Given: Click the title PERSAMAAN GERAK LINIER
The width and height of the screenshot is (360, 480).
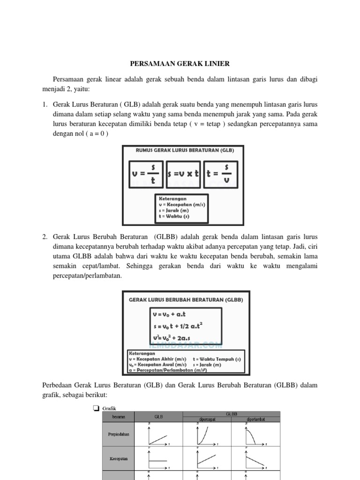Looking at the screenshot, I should [x=180, y=63].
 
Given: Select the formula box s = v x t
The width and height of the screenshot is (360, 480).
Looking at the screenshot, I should [x=183, y=173].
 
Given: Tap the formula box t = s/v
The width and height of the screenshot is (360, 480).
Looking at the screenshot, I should [x=221, y=173].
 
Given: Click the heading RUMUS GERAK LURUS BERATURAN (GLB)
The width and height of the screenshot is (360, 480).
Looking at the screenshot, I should [x=184, y=150].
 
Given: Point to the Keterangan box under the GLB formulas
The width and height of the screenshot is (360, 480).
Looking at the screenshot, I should [x=182, y=208].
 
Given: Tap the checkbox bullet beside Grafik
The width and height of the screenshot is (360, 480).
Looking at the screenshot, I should [x=96, y=409].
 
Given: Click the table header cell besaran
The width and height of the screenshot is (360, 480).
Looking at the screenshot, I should [x=118, y=416].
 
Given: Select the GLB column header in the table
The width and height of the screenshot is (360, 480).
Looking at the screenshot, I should [x=158, y=416].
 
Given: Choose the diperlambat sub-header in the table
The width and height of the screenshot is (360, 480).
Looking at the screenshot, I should [x=255, y=419].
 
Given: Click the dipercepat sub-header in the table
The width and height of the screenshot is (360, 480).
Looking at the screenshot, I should [x=207, y=419].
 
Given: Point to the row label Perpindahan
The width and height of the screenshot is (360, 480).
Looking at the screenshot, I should [x=118, y=434].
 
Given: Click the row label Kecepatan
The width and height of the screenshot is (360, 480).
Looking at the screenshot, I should [x=118, y=459].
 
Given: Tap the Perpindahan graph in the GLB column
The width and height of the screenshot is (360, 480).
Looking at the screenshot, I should [x=158, y=435].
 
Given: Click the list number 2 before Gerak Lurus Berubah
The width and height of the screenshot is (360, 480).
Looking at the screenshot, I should [x=44, y=237].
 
